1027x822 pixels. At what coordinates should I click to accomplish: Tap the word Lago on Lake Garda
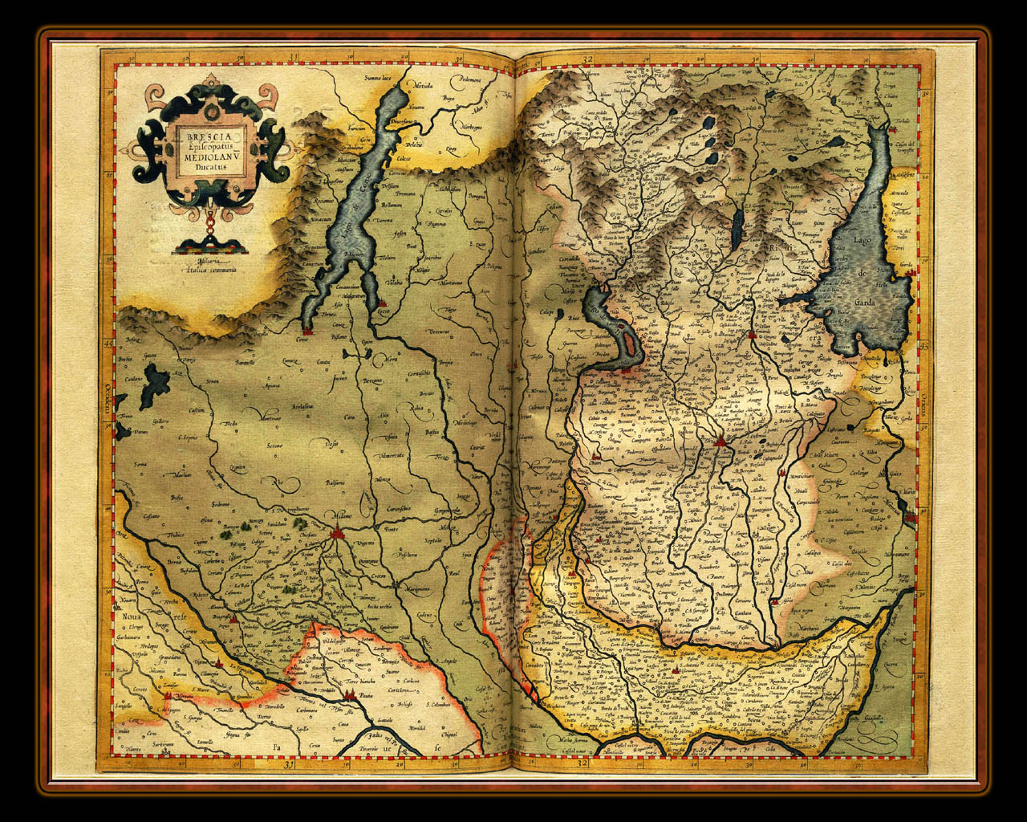click(x=863, y=241)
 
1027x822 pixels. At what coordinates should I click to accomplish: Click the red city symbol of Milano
click(x=336, y=533)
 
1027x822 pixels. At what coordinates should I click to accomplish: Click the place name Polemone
click(x=469, y=79)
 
